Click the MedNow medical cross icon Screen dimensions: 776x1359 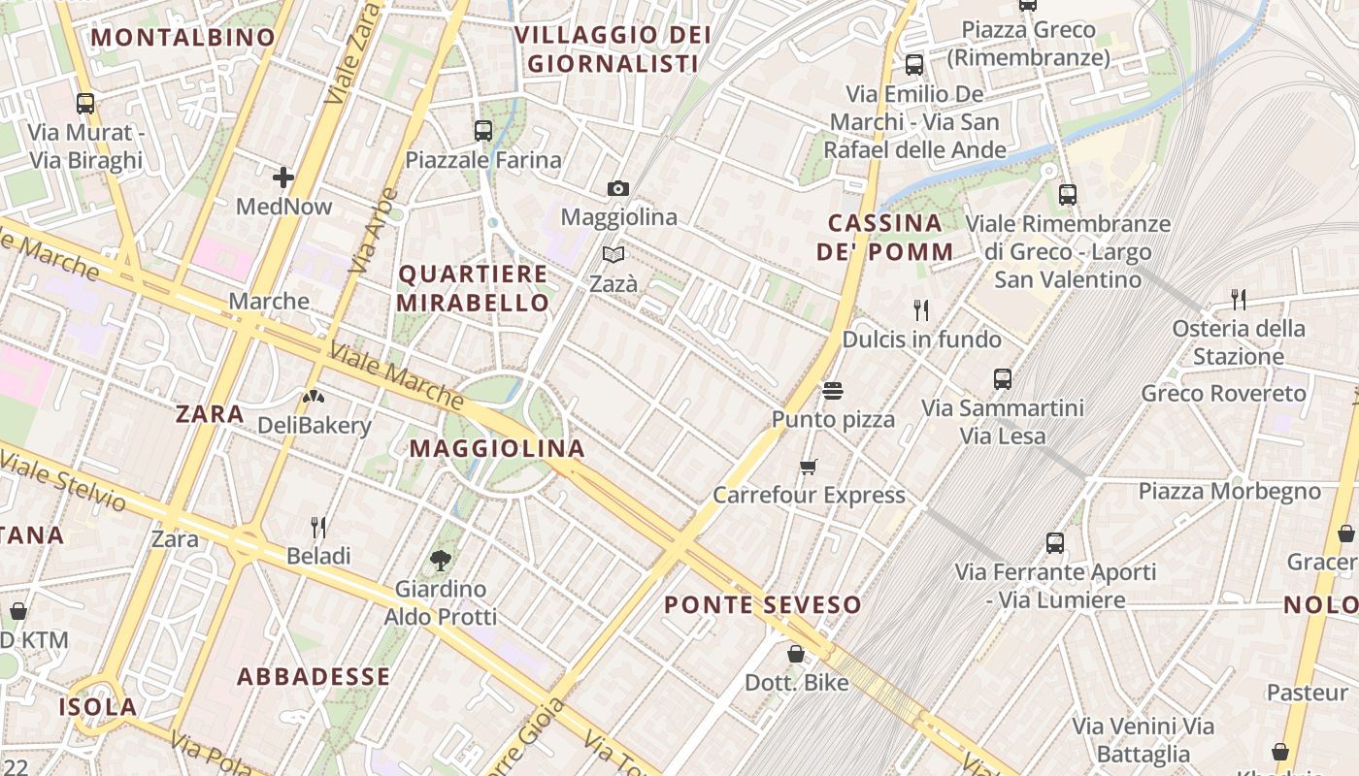283,178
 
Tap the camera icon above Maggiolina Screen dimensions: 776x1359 618,188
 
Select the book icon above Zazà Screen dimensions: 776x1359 613,254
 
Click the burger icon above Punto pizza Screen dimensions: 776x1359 832,390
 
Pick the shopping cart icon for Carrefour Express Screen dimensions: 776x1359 809,467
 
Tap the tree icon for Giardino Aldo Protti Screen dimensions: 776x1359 441,560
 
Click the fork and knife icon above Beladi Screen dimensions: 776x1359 318,527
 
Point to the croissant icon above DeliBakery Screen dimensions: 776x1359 313,396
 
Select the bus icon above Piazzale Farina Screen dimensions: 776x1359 483,130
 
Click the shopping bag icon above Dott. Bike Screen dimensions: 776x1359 796,654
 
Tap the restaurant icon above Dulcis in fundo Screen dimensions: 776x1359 921,310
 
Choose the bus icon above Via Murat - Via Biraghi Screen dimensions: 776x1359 85,103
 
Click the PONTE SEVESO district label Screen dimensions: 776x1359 763,605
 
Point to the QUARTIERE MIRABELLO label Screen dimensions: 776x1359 474,288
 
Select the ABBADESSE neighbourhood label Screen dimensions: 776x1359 315,676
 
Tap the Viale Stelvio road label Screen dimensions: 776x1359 64,481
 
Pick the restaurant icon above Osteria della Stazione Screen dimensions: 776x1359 1238,299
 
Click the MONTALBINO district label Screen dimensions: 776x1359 183,38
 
